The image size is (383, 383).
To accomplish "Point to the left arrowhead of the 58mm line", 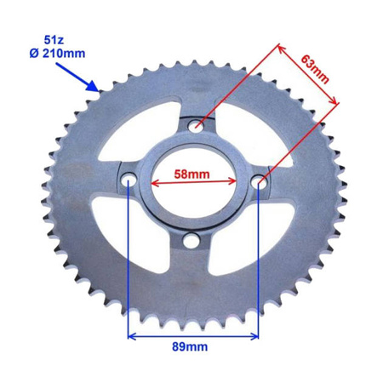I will (x=156, y=181).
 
